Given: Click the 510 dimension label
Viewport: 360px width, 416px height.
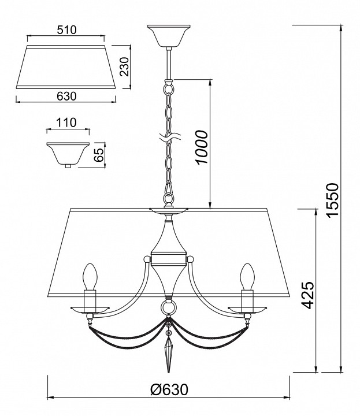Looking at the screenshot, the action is [66, 29].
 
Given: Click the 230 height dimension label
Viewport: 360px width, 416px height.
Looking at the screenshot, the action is [124, 66].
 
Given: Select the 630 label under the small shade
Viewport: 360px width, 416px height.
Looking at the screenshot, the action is [66, 96].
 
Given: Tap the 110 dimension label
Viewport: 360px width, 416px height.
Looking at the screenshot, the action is [66, 122].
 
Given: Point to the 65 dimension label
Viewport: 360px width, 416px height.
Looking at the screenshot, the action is [98, 155].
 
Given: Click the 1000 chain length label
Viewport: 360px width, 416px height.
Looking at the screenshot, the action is [201, 147].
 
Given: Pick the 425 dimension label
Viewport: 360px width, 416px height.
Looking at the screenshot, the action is [308, 295].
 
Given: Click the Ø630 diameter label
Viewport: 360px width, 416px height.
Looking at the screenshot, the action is [169, 389].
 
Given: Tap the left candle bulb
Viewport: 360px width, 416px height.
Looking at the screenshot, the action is [90, 276].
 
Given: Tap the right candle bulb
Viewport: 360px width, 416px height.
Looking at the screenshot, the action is [247, 276].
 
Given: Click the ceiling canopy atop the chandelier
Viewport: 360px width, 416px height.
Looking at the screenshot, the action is [169, 36].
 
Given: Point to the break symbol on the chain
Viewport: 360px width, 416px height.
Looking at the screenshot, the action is [170, 137].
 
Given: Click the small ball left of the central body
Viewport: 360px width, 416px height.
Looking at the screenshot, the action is [147, 259].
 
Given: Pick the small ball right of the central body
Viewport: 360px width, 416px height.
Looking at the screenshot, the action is [190, 259].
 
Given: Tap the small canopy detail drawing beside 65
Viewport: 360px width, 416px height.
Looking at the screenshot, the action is [68, 154].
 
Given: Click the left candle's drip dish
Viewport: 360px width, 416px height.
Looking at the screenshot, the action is [90, 309].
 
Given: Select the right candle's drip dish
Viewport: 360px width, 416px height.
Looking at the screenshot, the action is [247, 309].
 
